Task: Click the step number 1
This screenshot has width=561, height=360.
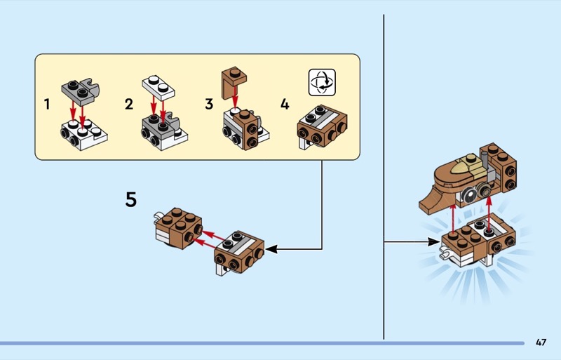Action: click(47, 105)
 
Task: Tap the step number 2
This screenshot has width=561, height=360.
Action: click(128, 105)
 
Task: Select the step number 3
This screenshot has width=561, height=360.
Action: click(209, 105)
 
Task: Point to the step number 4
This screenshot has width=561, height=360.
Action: click(284, 105)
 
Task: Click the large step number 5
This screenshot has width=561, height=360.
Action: click(131, 199)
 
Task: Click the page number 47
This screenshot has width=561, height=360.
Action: click(540, 342)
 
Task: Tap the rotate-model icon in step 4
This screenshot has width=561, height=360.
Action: click(322, 82)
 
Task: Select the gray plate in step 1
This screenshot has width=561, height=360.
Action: click(81, 88)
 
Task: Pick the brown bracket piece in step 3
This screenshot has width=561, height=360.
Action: click(234, 78)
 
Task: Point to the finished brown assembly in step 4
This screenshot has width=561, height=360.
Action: click(322, 125)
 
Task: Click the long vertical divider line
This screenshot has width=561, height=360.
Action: click(384, 175)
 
